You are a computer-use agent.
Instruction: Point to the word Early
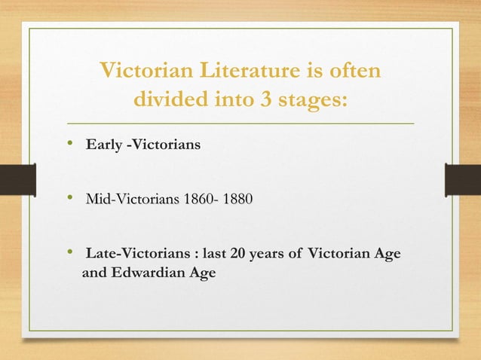(x=103, y=145)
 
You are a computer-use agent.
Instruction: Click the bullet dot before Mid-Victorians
(x=70, y=199)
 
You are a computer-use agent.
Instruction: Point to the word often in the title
(x=354, y=72)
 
